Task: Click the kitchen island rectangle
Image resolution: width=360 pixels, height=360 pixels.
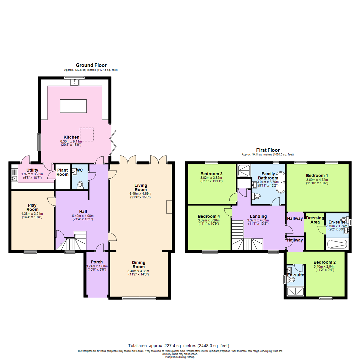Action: pos(73,106)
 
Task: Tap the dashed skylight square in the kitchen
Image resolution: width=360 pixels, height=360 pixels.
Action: pos(87,133)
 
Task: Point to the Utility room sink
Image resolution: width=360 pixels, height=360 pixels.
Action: pos(14,178)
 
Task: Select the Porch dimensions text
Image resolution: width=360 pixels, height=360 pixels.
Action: pos(96,268)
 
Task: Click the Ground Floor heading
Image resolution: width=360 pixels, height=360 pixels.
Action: pos(91,65)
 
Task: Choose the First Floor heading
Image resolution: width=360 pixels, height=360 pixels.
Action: pos(268,150)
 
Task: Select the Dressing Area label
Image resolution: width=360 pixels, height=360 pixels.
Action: pos(315,220)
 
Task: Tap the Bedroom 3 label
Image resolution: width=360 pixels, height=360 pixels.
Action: pos(212,174)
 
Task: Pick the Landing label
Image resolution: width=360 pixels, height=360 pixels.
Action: pos(258,216)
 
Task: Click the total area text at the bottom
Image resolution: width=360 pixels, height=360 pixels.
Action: pos(179,345)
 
